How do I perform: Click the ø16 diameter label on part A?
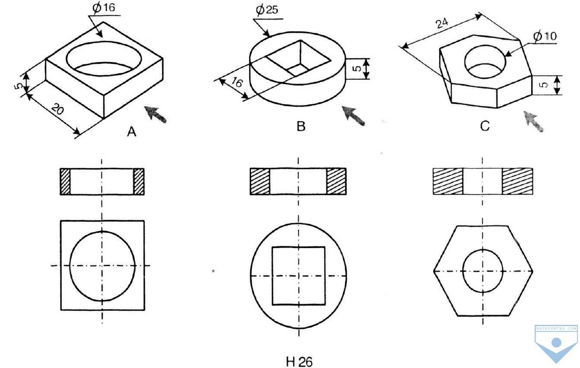click(104, 7)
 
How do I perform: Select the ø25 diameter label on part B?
click(267, 10)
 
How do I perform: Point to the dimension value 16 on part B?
click(237, 82)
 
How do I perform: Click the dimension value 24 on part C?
click(442, 23)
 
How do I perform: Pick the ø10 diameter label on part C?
click(545, 36)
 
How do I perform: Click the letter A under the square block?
click(132, 132)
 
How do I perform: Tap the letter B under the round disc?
click(301, 126)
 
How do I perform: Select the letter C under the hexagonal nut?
click(485, 126)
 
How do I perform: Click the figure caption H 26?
click(299, 362)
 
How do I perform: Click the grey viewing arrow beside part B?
click(353, 116)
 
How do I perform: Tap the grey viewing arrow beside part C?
click(533, 121)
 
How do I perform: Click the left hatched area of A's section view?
click(65, 182)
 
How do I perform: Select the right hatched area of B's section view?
click(336, 181)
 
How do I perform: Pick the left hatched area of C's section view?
click(448, 181)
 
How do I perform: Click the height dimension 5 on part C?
click(545, 85)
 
